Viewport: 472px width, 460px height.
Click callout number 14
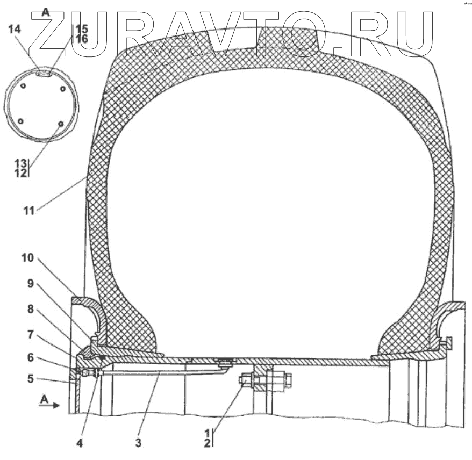15,30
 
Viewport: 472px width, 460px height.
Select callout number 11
29,211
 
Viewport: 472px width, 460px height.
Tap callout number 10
27,258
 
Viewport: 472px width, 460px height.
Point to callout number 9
31,284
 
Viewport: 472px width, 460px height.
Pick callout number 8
31,309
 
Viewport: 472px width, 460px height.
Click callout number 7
31,334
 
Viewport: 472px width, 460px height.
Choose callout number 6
31,358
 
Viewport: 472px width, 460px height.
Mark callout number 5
31,378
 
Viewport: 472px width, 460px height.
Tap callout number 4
80,443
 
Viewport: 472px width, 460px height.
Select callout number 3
138,443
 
